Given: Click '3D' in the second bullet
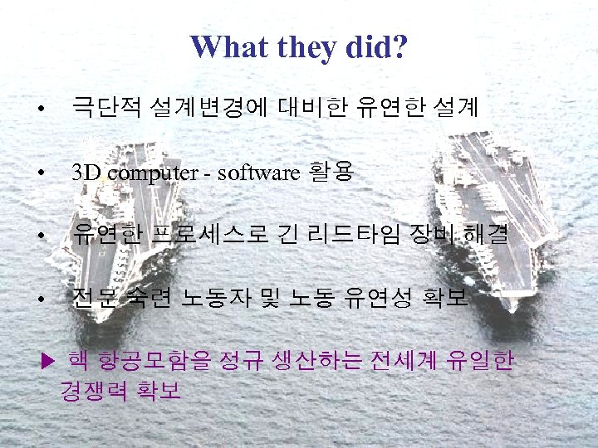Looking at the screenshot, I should pos(87,173).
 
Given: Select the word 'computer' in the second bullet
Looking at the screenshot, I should pos(149,173).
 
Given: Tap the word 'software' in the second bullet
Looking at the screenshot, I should pos(258,173).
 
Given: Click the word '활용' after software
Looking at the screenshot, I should pos(331,173).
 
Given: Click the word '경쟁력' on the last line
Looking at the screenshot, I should pos(93,390).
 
